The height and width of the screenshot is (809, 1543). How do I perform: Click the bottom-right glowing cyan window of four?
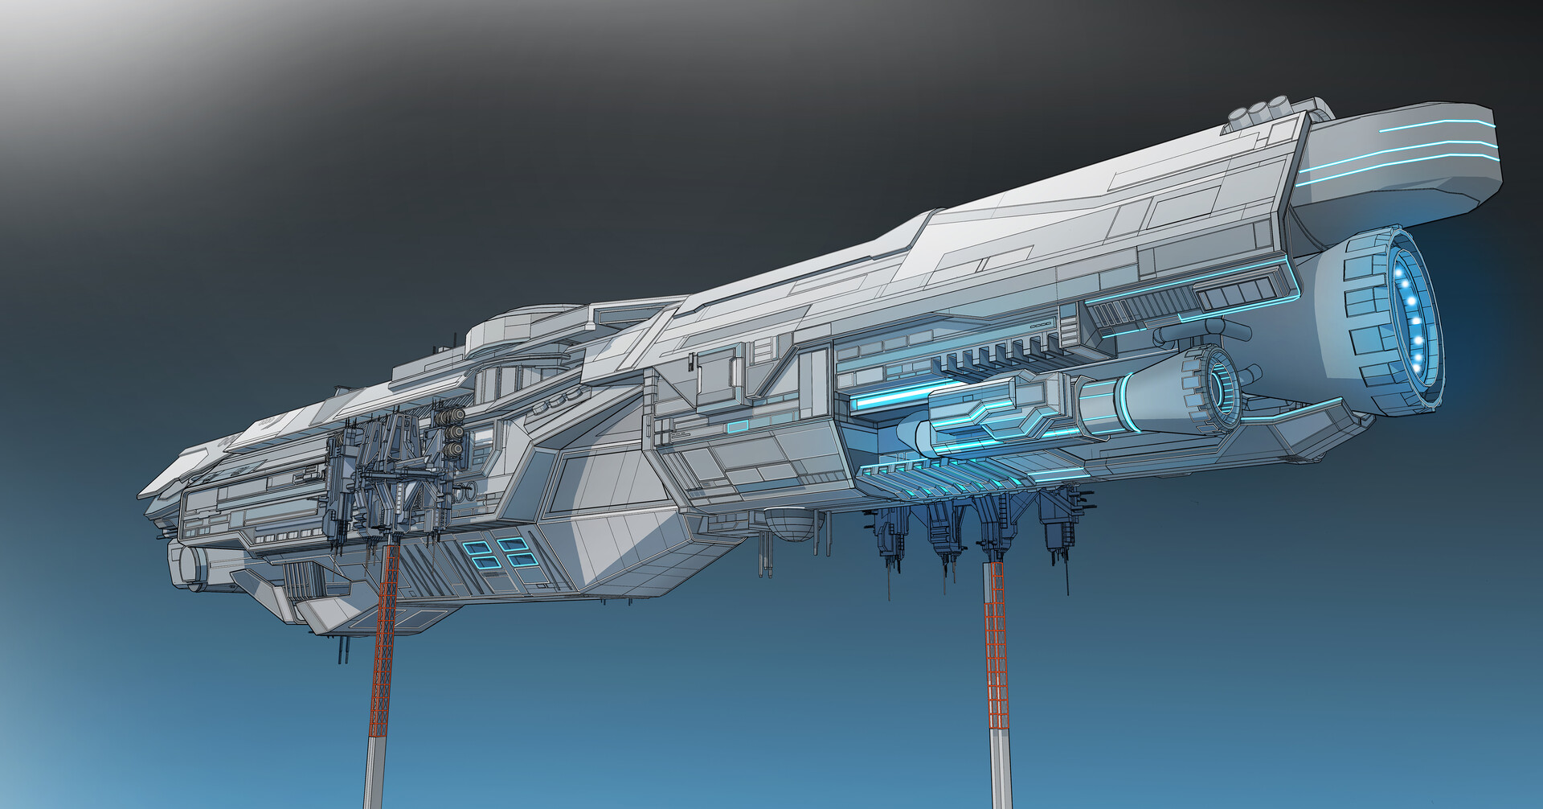click(x=518, y=560)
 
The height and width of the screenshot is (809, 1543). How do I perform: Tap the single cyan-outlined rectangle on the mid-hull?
click(x=737, y=425)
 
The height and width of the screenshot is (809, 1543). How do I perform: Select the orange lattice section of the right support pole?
click(x=995, y=643)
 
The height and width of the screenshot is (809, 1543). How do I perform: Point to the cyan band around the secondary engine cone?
click(x=1121, y=406)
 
